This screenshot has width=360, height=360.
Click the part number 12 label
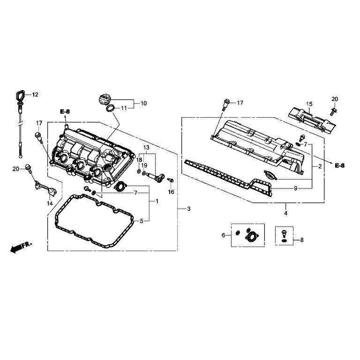(35, 95)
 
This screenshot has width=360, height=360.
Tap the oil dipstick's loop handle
(19, 95)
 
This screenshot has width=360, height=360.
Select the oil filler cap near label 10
(104, 100)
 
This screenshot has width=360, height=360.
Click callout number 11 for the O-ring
(124, 108)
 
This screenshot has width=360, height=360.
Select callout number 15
(309, 104)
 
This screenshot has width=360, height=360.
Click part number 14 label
(49, 203)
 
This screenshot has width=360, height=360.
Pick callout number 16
(171, 192)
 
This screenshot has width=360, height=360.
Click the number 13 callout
(146, 148)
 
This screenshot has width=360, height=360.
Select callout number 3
(189, 208)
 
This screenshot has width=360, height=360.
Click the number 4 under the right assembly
(286, 213)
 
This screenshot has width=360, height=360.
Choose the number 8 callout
(302, 240)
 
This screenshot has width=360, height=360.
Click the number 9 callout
(296, 188)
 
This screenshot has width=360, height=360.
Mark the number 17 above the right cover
(240, 102)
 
